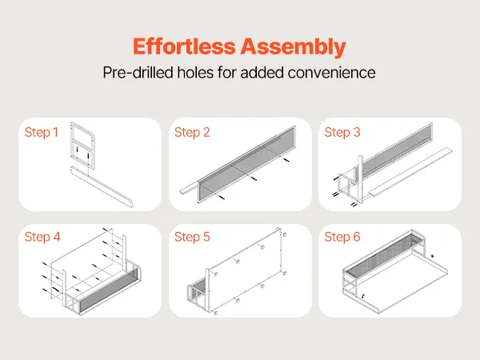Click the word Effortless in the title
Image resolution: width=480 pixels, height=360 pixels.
(x=184, y=46)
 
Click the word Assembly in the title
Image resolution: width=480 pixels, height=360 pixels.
(x=293, y=47)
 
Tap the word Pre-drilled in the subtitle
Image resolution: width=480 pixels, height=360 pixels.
(x=138, y=73)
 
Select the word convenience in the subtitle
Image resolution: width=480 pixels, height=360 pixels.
(x=331, y=73)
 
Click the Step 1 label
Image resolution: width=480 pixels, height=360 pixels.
(x=42, y=132)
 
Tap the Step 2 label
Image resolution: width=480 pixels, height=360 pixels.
(x=192, y=132)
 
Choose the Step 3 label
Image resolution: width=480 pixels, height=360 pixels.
(x=342, y=132)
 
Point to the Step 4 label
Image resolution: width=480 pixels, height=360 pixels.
(x=42, y=237)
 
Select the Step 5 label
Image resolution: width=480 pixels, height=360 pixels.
(x=192, y=237)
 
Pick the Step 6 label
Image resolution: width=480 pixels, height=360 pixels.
(x=342, y=237)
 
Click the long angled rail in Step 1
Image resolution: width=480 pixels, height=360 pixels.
(x=101, y=186)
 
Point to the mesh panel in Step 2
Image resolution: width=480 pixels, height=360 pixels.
(x=246, y=164)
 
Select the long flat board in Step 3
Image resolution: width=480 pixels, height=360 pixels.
(x=410, y=172)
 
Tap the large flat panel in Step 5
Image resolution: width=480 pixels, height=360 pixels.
(x=245, y=271)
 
